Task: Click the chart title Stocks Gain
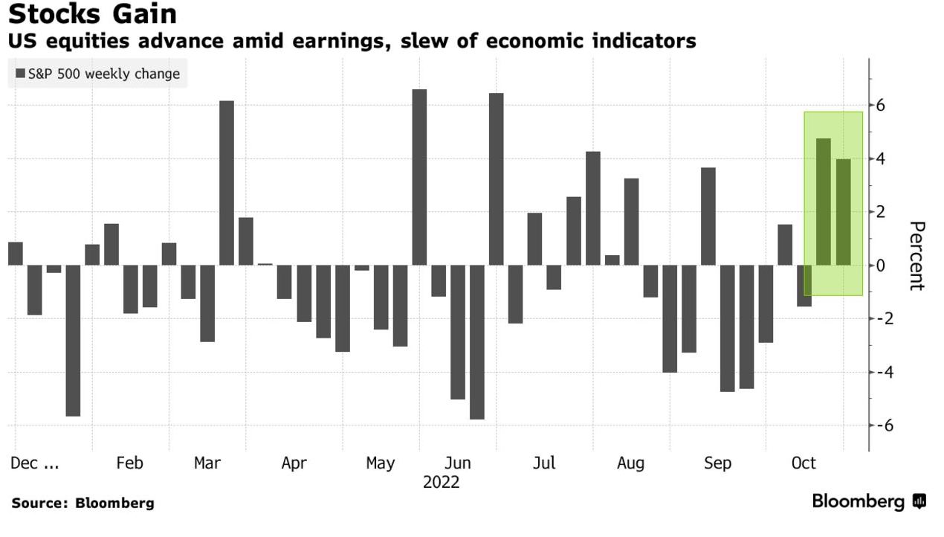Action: [x=93, y=14]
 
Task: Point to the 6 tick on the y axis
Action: [x=880, y=106]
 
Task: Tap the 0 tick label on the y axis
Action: [x=880, y=266]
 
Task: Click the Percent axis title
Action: [x=916, y=256]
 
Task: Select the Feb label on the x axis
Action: [x=129, y=463]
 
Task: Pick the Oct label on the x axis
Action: [x=804, y=463]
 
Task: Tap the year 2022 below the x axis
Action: [x=442, y=483]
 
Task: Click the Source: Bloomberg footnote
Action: [x=83, y=504]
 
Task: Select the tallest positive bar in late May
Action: [x=419, y=177]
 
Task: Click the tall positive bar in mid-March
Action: [x=227, y=183]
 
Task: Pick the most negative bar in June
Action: [x=477, y=342]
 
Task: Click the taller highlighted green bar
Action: [x=824, y=202]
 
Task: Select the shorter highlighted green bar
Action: [x=843, y=212]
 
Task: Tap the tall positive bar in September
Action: [x=708, y=216]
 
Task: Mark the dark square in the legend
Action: [x=19, y=74]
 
